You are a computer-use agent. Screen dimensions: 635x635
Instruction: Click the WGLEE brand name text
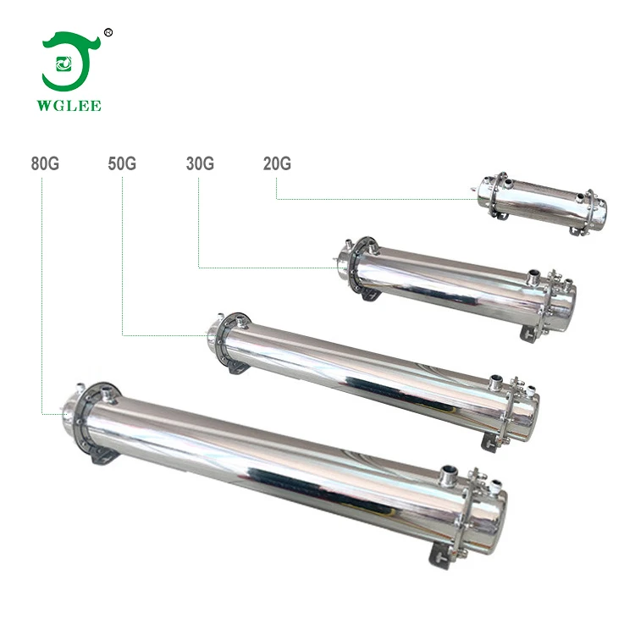72,106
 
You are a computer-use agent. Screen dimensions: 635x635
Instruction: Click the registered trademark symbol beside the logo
108,33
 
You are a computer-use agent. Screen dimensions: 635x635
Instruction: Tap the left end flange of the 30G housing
348,266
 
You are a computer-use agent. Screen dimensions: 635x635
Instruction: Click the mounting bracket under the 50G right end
490,440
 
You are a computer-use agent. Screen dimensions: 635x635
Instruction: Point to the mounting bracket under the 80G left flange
103,457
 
